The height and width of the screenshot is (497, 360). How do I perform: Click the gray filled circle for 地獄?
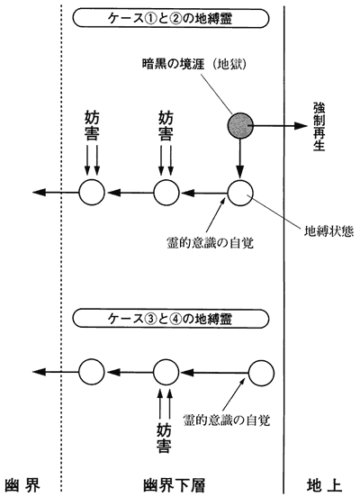click(x=240, y=125)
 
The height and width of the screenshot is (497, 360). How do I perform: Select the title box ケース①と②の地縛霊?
click(x=171, y=18)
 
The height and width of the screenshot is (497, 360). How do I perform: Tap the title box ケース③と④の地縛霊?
click(x=171, y=318)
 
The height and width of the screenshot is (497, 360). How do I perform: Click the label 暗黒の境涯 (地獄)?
click(x=193, y=64)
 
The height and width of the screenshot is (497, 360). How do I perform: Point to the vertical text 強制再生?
click(x=319, y=126)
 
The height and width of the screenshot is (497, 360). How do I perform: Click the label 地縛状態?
click(x=328, y=231)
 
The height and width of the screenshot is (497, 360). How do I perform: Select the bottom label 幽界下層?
click(x=174, y=485)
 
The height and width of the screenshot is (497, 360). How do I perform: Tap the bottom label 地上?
click(x=324, y=485)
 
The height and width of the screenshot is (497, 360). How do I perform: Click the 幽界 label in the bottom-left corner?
click(x=22, y=485)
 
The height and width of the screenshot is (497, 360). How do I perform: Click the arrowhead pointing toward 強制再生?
click(x=301, y=125)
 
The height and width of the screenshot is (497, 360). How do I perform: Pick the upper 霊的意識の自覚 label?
click(x=210, y=243)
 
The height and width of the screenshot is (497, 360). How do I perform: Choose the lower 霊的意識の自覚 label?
click(x=227, y=420)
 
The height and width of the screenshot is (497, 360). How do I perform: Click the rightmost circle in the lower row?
click(x=261, y=373)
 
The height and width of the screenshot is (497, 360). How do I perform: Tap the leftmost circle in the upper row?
click(x=92, y=193)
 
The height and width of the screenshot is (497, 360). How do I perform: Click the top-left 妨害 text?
click(x=92, y=125)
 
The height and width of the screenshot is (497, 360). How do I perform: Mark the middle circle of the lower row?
click(x=166, y=372)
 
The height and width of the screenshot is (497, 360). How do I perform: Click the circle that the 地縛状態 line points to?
click(x=240, y=193)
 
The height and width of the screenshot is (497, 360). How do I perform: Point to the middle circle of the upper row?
click(x=166, y=193)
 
